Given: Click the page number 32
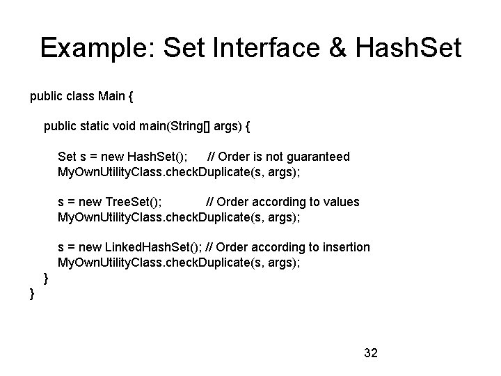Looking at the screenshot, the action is click(370, 353).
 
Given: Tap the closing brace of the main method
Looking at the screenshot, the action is click(46, 279).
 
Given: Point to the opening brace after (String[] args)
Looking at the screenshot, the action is click(248, 126).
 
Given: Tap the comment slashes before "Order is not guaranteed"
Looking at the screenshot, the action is click(211, 157).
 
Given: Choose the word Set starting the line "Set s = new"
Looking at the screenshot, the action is click(67, 157).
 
